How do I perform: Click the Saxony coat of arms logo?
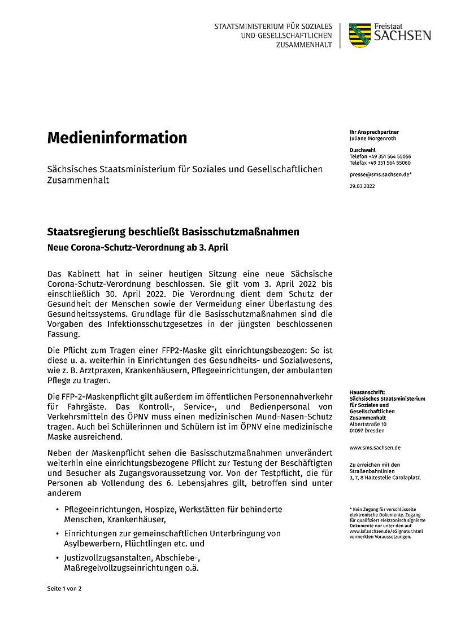(360, 36)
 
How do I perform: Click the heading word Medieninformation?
(117, 137)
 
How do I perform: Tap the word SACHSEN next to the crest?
(402, 36)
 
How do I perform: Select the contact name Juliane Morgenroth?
(373, 138)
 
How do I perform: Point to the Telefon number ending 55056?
(380, 156)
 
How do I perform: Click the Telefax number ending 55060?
(380, 163)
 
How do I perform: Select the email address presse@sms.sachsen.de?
(380, 175)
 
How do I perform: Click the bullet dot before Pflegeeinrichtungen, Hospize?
(56, 510)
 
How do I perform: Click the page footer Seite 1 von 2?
(64, 588)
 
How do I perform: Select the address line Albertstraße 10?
(368, 424)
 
